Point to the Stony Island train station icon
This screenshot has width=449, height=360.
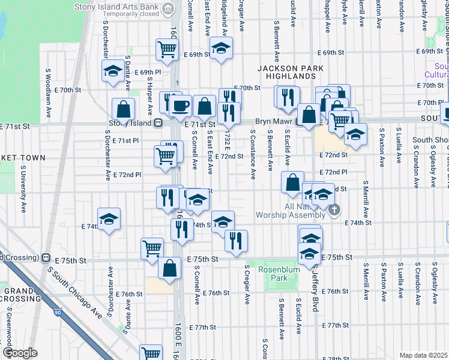pos(158,124)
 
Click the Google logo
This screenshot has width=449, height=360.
pos(19,353)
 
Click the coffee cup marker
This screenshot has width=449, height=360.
pos(180,106)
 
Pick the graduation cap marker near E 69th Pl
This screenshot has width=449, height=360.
pos(112,71)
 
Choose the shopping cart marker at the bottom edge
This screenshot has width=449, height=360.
pos(151,354)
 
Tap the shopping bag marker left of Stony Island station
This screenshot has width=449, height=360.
pos(123,109)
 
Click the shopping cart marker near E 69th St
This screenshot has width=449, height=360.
pos(167,49)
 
